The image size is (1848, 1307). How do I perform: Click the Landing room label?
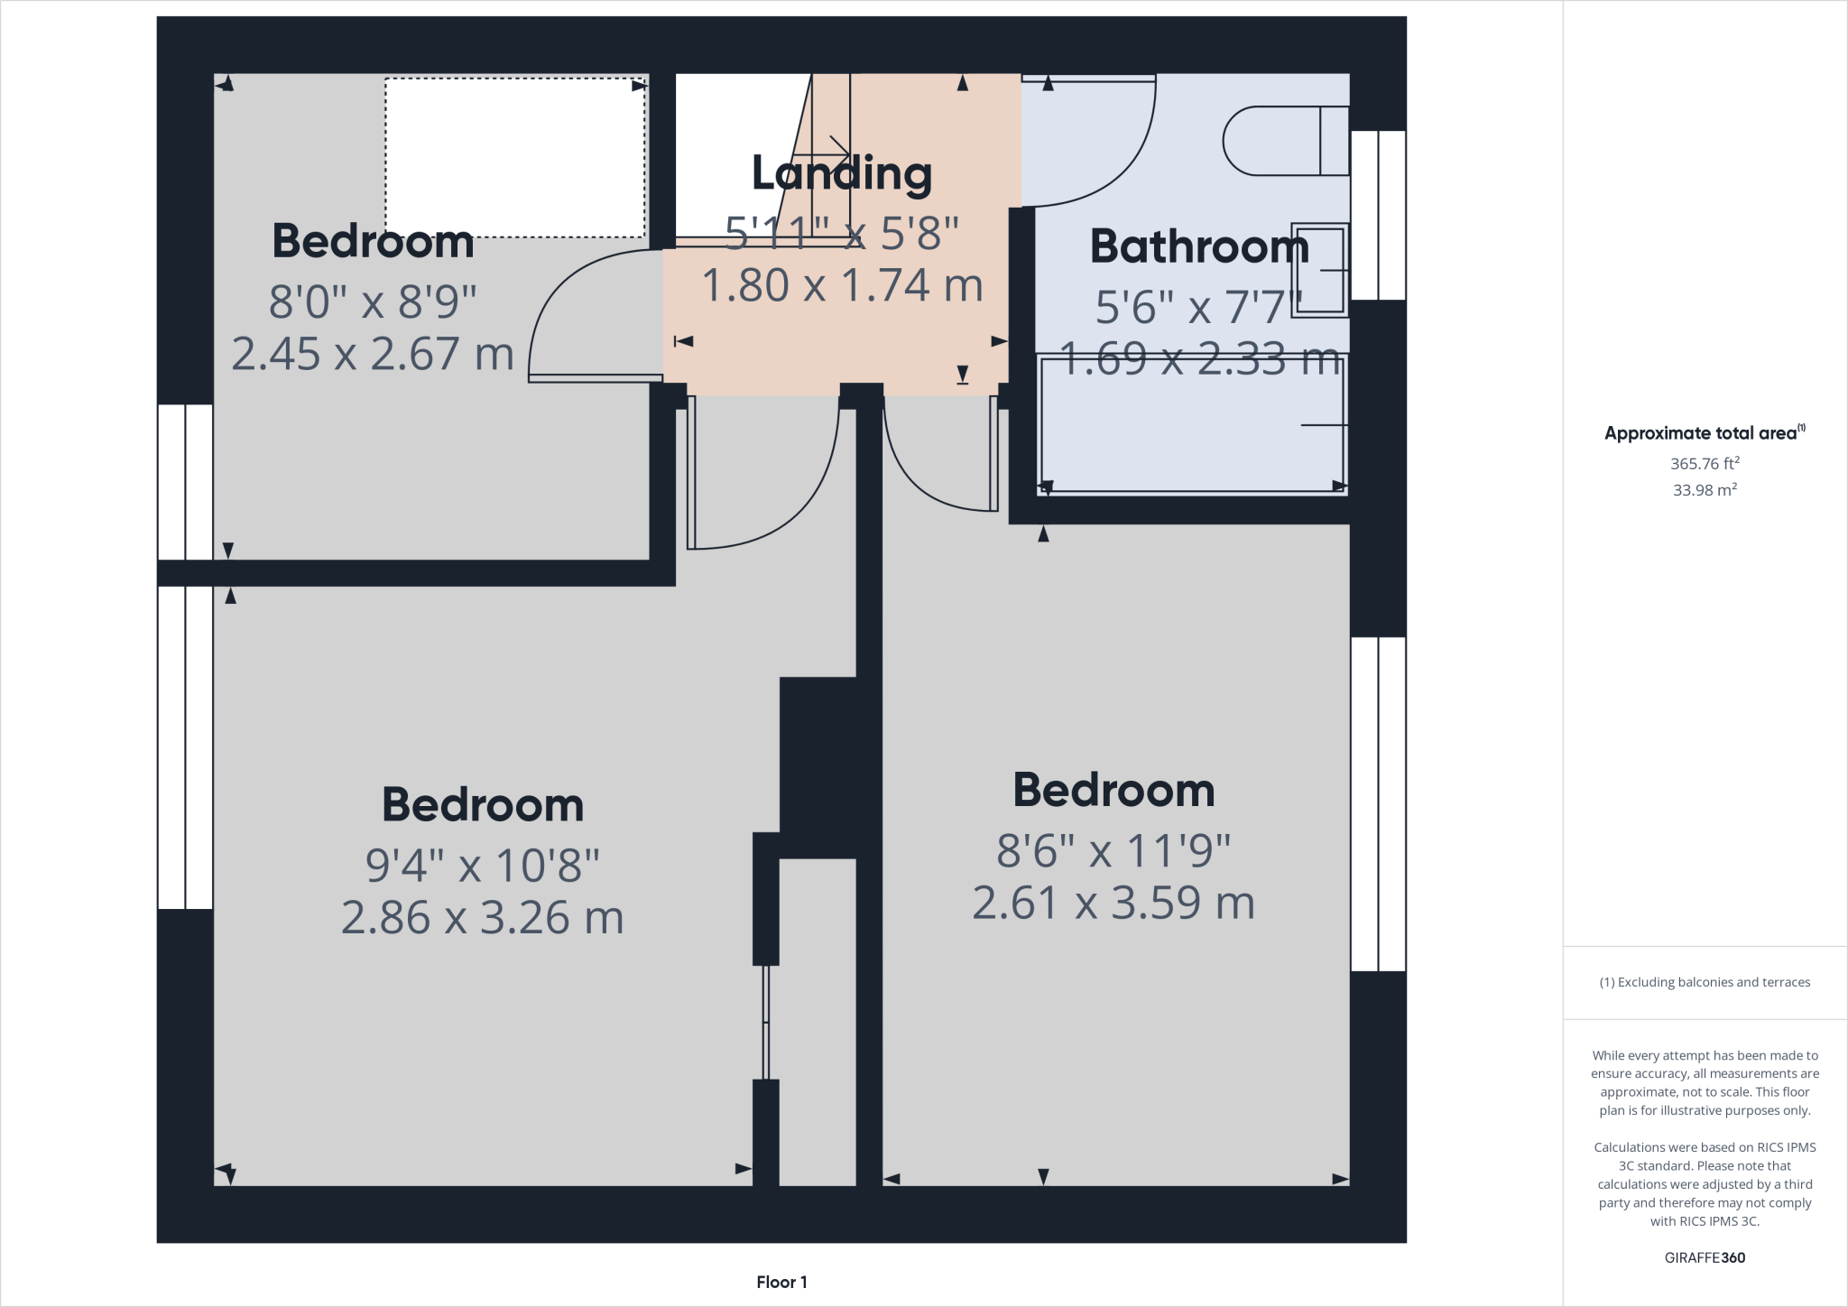pyautogui.click(x=841, y=173)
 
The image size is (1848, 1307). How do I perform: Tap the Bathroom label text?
pyautogui.click(x=1198, y=246)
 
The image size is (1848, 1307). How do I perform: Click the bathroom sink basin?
pyautogui.click(x=1320, y=270)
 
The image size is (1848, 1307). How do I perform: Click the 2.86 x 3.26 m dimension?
pyautogui.click(x=482, y=918)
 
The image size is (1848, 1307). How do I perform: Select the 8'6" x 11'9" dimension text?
pyautogui.click(x=1113, y=850)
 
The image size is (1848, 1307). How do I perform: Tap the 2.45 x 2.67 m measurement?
pyautogui.click(x=373, y=354)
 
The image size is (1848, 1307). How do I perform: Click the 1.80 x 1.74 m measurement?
pyautogui.click(x=841, y=286)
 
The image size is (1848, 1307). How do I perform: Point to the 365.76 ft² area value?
pyautogui.click(x=1704, y=463)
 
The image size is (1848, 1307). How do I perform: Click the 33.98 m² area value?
pyautogui.click(x=1704, y=490)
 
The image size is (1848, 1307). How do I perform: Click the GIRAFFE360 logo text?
pyautogui.click(x=1704, y=1257)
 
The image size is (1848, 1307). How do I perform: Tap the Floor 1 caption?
pyautogui.click(x=781, y=1282)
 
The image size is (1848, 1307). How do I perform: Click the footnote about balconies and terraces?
pyautogui.click(x=1704, y=982)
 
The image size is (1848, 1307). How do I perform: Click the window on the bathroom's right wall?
pyautogui.click(x=1378, y=215)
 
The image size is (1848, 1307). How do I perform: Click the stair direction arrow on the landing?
pyautogui.click(x=831, y=149)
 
